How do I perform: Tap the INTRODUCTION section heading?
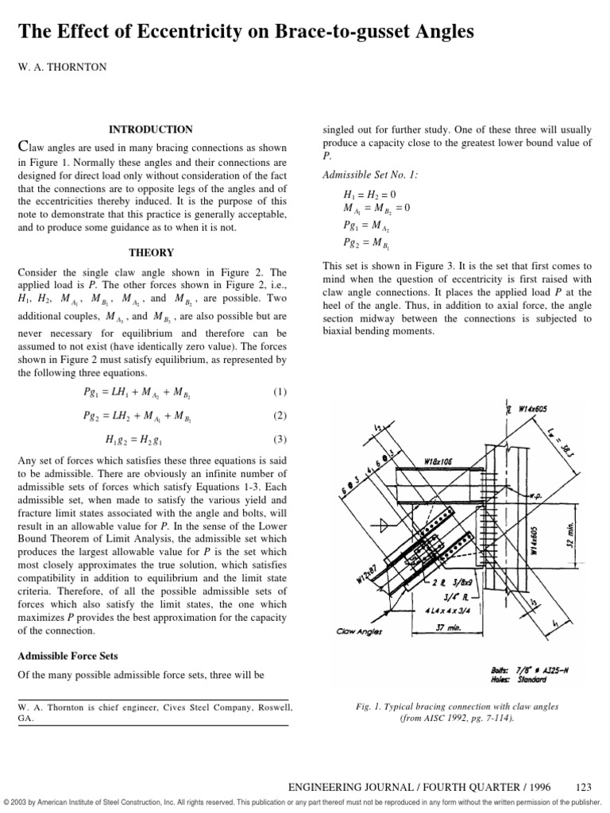tap(150, 129)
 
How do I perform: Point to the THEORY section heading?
tap(150, 253)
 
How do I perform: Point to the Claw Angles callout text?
tap(361, 632)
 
